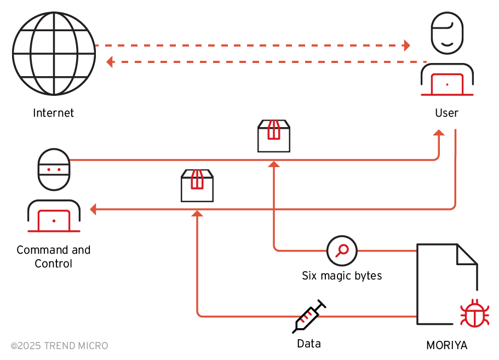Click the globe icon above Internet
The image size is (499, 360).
pyautogui.click(x=54, y=54)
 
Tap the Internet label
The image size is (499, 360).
pyautogui.click(x=54, y=113)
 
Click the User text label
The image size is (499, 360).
pyautogui.click(x=446, y=113)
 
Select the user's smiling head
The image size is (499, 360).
pyautogui.click(x=447, y=32)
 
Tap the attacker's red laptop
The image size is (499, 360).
pyautogui.click(x=54, y=221)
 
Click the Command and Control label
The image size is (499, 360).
pyautogui.click(x=54, y=256)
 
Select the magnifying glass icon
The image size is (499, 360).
pyautogui.click(x=342, y=250)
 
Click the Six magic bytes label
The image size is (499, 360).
pyautogui.click(x=342, y=276)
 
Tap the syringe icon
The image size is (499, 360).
pyautogui.click(x=309, y=317)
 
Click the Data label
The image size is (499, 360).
pyautogui.click(x=309, y=344)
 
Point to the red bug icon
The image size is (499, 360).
pyautogui.click(x=474, y=313)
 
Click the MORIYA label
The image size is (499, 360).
pyautogui.click(x=447, y=346)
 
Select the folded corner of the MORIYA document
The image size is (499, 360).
pyautogui.click(x=467, y=254)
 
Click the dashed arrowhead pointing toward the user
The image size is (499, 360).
pyautogui.click(x=406, y=45)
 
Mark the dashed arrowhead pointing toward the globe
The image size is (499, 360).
pyautogui.click(x=110, y=62)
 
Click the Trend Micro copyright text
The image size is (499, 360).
pyautogui.click(x=59, y=346)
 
